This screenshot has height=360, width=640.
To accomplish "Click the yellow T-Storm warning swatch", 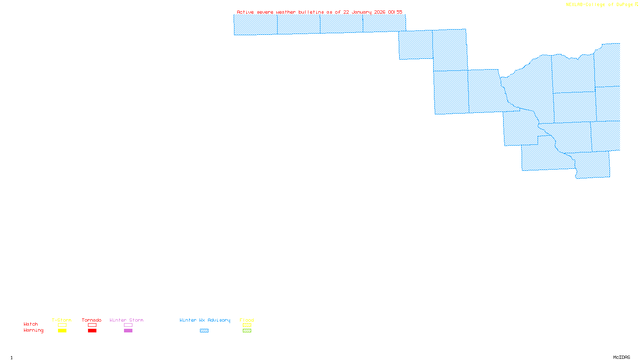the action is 62,331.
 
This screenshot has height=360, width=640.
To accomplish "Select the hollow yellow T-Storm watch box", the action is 62,325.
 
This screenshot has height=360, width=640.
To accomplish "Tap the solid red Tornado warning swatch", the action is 92,331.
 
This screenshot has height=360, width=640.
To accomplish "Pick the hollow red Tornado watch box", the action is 92,325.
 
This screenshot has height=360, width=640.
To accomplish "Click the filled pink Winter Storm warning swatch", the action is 128,331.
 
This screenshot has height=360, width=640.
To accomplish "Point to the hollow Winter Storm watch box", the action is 128,325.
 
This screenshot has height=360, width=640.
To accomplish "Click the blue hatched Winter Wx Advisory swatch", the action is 204,331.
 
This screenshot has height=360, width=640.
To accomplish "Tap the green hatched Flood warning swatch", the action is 247,331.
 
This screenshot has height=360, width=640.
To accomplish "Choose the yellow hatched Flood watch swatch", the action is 247,325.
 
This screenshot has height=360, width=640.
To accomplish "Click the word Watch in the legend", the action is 31,324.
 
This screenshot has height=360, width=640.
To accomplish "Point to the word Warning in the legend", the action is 33,330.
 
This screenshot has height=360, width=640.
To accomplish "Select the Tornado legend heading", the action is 92,320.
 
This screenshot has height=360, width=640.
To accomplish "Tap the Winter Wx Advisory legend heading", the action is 205,320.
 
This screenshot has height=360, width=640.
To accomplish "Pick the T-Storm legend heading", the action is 62,320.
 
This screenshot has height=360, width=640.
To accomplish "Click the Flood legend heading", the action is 247,320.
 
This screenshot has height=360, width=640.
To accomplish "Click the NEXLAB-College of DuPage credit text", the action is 600,5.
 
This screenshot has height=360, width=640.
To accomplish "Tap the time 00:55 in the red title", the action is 395,12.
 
